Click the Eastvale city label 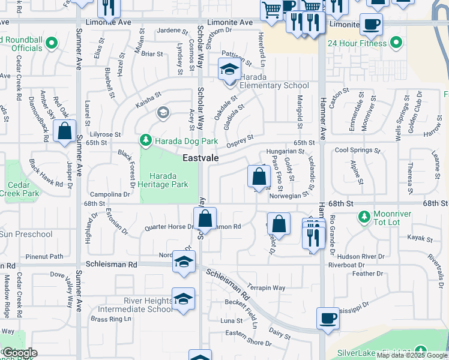coord(200,158)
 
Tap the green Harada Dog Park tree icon coord(145,141)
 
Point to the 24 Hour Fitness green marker coord(396,43)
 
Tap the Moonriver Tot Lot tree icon coord(363,215)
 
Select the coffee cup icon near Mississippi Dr coord(328,318)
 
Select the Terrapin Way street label coord(266,288)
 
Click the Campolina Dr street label coord(110,194)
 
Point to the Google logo coord(19,353)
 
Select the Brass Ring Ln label coord(110,319)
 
